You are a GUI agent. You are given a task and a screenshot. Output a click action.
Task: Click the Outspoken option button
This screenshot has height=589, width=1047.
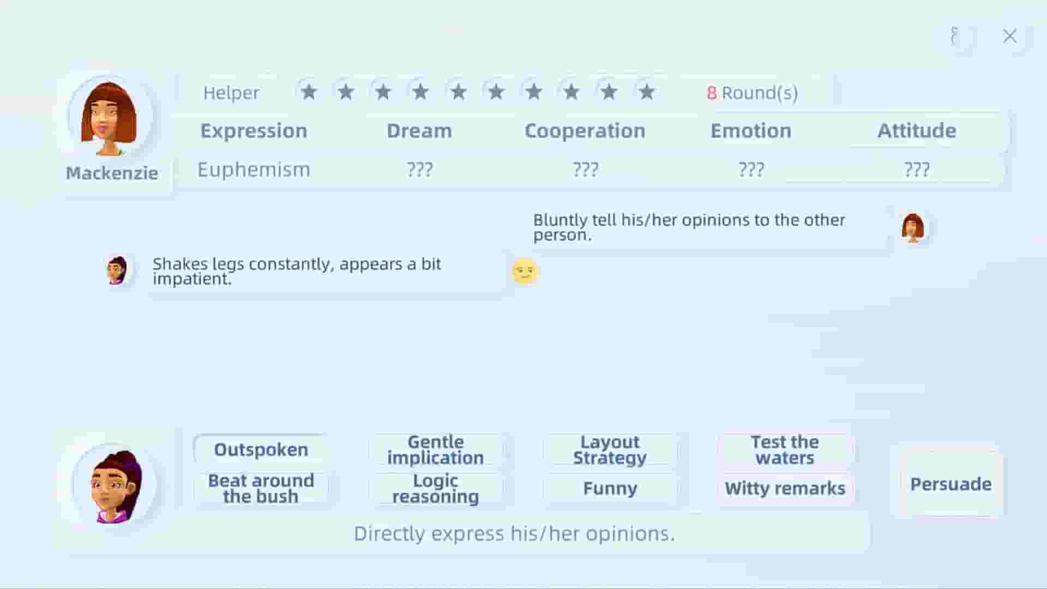[x=261, y=449]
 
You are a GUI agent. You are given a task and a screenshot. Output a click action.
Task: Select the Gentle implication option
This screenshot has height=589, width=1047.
[x=435, y=449]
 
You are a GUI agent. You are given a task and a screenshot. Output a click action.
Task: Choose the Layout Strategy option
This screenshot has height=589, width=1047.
[x=610, y=449]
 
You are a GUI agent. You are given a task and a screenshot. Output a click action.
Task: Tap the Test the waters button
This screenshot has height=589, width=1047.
[x=785, y=449]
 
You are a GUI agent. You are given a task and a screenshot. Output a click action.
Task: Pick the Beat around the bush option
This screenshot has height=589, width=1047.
[x=261, y=489]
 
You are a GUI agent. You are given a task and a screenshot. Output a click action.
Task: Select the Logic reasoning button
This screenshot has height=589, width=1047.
[x=435, y=489]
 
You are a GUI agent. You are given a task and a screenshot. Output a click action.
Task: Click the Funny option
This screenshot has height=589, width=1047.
[x=610, y=488]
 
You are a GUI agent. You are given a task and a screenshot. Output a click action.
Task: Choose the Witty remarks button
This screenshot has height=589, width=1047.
[x=785, y=488]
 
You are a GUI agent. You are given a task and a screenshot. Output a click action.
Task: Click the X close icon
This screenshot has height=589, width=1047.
[x=1010, y=36]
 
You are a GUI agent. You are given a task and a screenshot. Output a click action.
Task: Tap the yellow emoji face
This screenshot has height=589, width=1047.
[x=525, y=271]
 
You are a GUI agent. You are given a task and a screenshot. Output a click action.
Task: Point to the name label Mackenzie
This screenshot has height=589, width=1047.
[x=112, y=173]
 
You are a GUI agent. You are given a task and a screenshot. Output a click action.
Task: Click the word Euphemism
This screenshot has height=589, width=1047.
[x=254, y=170]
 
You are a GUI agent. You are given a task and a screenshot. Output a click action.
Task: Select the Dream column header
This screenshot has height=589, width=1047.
[x=419, y=131]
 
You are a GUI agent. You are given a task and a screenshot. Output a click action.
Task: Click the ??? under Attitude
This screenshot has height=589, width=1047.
[x=917, y=170]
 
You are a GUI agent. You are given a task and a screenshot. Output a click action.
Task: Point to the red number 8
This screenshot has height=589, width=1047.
[x=712, y=93]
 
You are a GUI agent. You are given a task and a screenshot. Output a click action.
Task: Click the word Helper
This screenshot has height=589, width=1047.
[x=231, y=93]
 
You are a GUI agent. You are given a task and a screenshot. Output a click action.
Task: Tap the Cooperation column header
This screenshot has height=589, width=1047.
[x=585, y=131]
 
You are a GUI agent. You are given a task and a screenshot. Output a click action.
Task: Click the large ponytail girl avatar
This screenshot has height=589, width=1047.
[x=115, y=485]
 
